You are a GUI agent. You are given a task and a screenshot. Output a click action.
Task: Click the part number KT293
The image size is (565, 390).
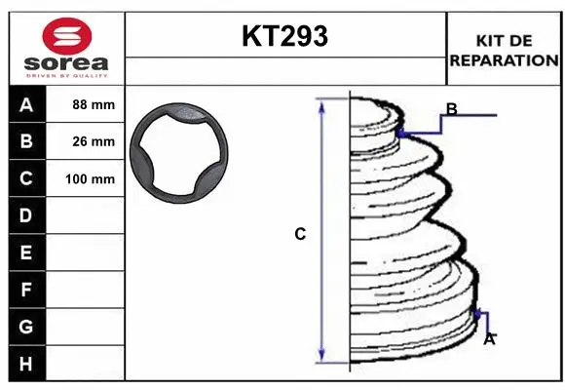(x=284, y=37)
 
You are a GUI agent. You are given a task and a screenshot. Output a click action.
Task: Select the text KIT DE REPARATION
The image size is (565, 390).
(x=504, y=50)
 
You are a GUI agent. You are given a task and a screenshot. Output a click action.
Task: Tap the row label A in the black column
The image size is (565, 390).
(x=25, y=104)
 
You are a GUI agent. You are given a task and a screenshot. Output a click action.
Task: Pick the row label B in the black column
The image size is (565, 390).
(x=25, y=141)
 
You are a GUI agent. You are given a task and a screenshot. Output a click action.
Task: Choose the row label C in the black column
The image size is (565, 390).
(x=25, y=178)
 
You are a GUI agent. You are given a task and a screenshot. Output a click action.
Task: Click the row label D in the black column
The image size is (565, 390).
(x=25, y=215)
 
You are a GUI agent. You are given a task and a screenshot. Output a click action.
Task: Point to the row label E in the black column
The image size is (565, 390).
(x=25, y=253)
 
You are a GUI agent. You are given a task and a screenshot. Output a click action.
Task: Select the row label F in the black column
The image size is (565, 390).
(x=25, y=290)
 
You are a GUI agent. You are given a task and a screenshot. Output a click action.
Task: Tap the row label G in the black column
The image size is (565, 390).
(x=25, y=327)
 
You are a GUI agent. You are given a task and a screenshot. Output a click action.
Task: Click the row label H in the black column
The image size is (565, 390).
(x=25, y=364)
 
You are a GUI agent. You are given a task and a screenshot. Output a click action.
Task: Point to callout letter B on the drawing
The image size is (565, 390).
(x=451, y=108)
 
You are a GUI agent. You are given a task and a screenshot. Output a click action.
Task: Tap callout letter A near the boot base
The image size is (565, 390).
(x=489, y=339)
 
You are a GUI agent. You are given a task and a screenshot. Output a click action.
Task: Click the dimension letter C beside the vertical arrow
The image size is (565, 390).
(x=301, y=234)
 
